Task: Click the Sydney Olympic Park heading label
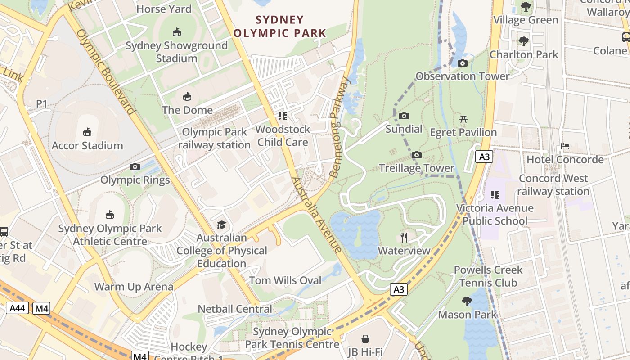pyautogui.click(x=279, y=27)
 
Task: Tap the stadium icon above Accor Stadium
pyautogui.click(x=87, y=132)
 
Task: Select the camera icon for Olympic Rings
pyautogui.click(x=135, y=167)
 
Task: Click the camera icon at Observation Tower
pyautogui.click(x=462, y=63)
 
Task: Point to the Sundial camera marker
pyautogui.click(x=404, y=116)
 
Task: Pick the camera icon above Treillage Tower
pyautogui.click(x=417, y=155)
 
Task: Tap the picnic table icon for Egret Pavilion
pyautogui.click(x=463, y=119)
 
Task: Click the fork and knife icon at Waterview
pyautogui.click(x=404, y=237)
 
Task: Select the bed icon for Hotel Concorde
pyautogui.click(x=565, y=146)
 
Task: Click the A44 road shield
pyautogui.click(x=18, y=308)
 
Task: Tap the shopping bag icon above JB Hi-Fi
pyautogui.click(x=365, y=338)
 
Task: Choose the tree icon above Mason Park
pyautogui.click(x=467, y=301)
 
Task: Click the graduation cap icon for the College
pyautogui.click(x=221, y=224)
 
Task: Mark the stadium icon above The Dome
pyautogui.click(x=187, y=97)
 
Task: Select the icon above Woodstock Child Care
pyautogui.click(x=283, y=116)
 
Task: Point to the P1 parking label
pyautogui.click(x=42, y=104)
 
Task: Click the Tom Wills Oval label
pyautogui.click(x=285, y=280)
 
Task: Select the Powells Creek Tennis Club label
pyautogui.click(x=488, y=276)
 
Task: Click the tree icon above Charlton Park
pyautogui.click(x=523, y=41)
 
